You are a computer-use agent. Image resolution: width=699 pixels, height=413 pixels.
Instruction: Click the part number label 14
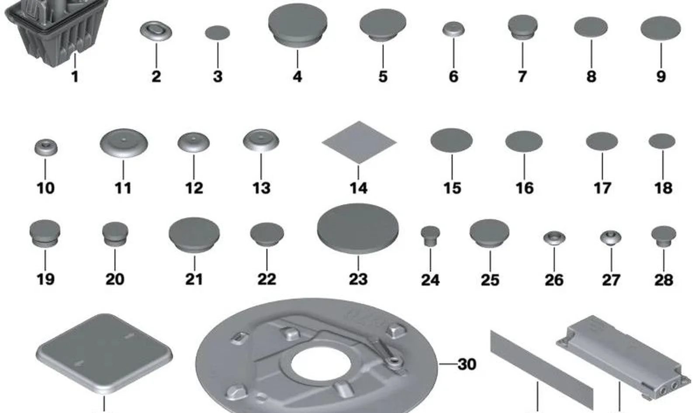coord(358,188)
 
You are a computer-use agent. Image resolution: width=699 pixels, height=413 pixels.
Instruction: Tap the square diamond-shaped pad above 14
coord(359,142)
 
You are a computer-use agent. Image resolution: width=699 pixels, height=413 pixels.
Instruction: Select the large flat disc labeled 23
coord(358,228)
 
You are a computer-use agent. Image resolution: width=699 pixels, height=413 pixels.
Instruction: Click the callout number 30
coord(467,364)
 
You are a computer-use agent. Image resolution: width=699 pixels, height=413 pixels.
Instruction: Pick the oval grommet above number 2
coord(156,31)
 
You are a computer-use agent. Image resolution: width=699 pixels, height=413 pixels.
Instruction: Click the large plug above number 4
coord(298,25)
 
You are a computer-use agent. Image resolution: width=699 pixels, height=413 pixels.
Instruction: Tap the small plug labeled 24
coord(430,236)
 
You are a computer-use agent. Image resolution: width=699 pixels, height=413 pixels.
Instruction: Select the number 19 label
coord(45,279)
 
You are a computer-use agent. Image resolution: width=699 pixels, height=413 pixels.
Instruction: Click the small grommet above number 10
coord(46,148)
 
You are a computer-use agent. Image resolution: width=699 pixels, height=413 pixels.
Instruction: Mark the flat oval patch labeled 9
coord(661,28)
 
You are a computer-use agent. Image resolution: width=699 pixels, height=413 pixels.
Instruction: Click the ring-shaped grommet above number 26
coord(554,237)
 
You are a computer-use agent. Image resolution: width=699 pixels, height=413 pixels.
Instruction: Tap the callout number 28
coord(664,280)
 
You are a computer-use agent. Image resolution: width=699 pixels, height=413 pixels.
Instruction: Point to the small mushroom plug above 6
coord(453,29)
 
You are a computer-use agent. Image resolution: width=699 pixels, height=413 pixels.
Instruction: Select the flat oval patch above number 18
coord(662,141)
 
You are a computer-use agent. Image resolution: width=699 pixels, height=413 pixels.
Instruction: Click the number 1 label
coord(75,77)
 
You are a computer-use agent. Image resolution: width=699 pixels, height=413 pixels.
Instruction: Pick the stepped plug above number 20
coord(115,234)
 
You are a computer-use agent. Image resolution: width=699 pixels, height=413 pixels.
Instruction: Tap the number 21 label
coord(194,279)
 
